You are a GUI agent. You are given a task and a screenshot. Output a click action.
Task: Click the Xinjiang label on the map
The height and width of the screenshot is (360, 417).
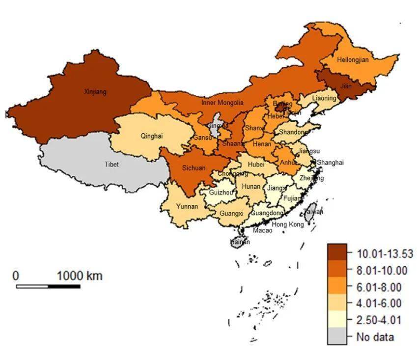95,92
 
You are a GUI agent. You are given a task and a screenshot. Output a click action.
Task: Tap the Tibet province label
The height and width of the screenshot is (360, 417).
111,165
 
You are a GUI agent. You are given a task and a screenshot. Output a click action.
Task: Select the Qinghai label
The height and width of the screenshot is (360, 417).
151,136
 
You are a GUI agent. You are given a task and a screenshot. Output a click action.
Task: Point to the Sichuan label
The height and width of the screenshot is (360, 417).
194,168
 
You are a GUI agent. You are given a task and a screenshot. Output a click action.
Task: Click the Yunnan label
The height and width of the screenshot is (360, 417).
187,206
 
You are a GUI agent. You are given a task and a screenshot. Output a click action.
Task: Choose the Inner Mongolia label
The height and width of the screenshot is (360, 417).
222,103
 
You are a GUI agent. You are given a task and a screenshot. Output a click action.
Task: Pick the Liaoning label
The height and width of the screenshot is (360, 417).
324,98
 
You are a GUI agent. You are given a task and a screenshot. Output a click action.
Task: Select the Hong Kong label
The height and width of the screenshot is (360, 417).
288,224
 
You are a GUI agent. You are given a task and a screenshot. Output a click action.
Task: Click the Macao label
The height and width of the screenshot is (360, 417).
263,230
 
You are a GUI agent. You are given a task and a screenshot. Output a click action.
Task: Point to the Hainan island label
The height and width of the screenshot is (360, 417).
240,242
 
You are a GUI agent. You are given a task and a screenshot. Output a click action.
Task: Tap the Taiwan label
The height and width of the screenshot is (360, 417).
313,212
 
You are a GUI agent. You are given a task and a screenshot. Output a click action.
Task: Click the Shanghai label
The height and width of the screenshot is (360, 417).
330,163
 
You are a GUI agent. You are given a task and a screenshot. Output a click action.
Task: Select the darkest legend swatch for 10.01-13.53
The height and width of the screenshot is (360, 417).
337,253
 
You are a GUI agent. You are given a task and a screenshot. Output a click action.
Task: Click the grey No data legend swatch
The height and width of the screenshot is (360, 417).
337,336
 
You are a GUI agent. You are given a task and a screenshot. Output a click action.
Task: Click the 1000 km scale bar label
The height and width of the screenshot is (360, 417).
80,276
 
